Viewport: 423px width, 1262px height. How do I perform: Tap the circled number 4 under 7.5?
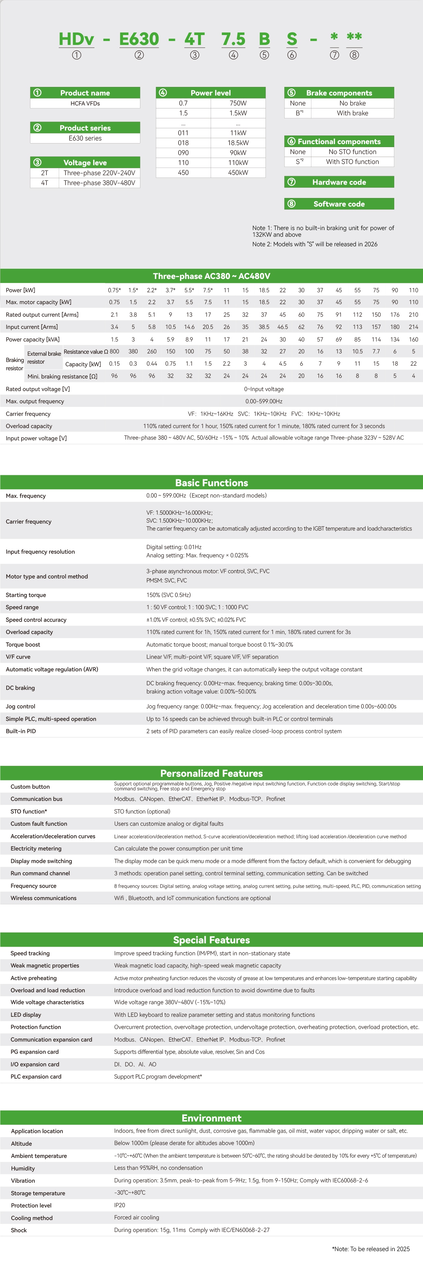(x=233, y=55)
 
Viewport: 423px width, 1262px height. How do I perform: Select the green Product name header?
(x=85, y=93)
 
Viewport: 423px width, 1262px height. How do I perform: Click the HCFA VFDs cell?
(x=85, y=103)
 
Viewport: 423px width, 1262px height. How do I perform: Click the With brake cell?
(x=353, y=113)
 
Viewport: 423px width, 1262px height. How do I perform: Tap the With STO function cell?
(x=353, y=162)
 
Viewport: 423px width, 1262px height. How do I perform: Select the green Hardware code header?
(x=339, y=182)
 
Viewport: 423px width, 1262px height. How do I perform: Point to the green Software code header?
(x=339, y=204)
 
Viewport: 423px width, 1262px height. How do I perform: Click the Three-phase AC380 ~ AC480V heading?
(x=211, y=276)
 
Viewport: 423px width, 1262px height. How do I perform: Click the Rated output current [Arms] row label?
(x=42, y=315)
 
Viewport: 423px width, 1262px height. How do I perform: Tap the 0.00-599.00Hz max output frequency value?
(x=264, y=401)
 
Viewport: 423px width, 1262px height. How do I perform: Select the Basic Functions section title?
(x=211, y=483)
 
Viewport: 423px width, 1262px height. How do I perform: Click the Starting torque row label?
(x=26, y=595)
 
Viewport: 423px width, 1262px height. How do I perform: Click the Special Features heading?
(x=211, y=940)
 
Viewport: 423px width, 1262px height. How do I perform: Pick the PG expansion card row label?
(x=35, y=1052)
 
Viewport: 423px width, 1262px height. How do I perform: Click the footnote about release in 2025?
(x=370, y=1249)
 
